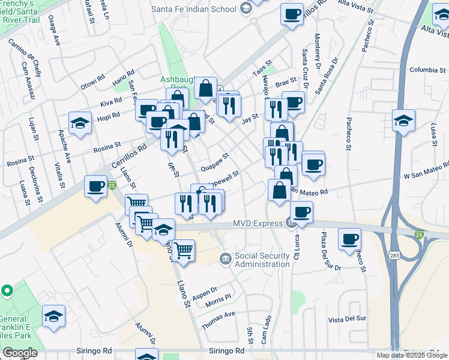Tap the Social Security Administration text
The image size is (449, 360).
click(262, 259)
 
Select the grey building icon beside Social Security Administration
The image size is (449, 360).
click(225, 259)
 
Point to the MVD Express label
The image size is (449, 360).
click(258, 224)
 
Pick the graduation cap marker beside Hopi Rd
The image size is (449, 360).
click(80, 123)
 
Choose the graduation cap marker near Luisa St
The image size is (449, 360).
click(403, 119)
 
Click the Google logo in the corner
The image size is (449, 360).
click(20, 352)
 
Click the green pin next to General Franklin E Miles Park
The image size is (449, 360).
click(7, 291)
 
